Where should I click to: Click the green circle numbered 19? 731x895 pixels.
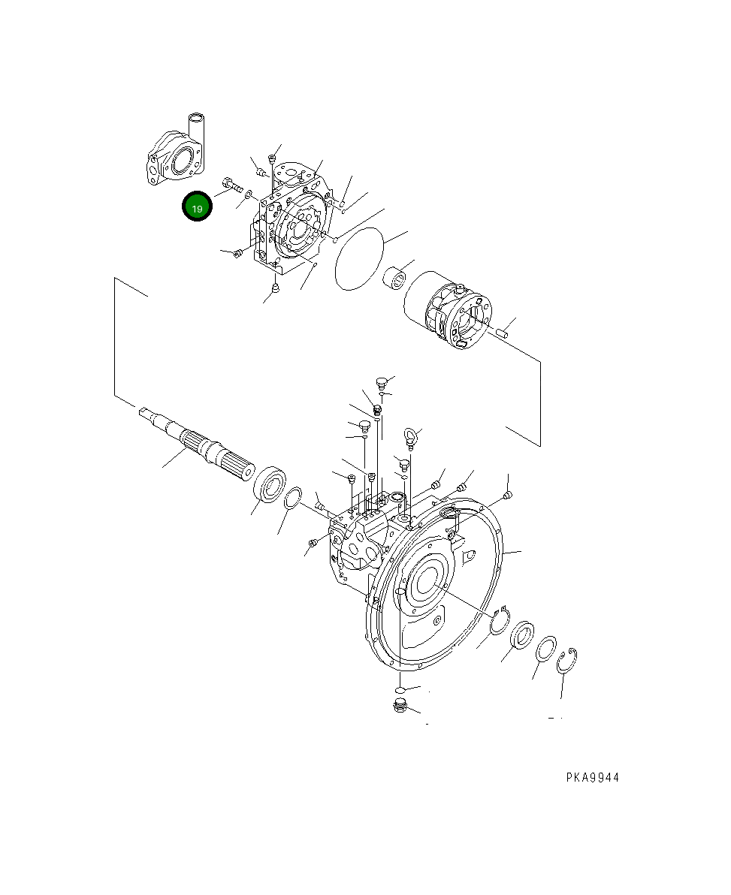click(197, 206)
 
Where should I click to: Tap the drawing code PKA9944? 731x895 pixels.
click(593, 777)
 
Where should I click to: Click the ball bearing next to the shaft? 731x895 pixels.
click(270, 485)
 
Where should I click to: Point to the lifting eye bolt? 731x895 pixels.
click(410, 438)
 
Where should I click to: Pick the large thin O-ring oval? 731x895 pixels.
click(359, 258)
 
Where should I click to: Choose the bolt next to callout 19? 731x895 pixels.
click(232, 185)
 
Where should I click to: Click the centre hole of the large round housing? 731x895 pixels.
click(427, 583)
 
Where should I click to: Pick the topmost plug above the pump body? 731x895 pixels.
click(382, 381)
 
